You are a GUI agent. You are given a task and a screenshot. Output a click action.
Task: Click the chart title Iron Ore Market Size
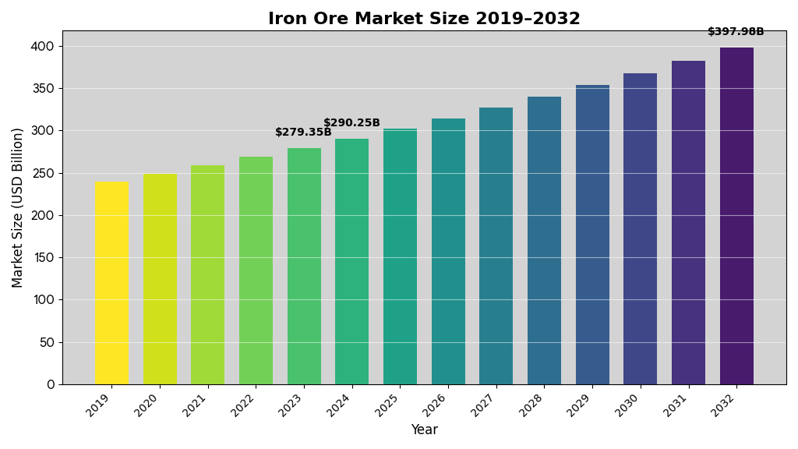(424, 19)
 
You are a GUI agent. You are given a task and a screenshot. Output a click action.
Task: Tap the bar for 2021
(207, 274)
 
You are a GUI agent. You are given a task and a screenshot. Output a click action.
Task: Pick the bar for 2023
(304, 266)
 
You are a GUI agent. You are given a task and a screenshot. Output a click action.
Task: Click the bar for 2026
(448, 251)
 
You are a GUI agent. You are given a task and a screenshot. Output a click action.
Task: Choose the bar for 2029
(592, 235)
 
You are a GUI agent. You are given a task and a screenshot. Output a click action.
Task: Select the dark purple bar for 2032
(736, 216)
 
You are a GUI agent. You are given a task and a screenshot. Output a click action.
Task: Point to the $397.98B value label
(736, 32)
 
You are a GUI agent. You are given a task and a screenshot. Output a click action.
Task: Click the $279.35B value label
(303, 133)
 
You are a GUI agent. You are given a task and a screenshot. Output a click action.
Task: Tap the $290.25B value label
(351, 123)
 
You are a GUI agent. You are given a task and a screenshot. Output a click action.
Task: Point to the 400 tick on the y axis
(43, 47)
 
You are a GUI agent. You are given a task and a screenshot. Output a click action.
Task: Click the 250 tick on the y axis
(43, 173)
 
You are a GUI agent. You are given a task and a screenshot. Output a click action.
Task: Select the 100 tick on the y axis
(43, 300)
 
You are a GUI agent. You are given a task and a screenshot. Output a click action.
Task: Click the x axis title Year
(424, 430)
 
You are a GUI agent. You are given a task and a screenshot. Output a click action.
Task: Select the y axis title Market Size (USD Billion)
(18, 207)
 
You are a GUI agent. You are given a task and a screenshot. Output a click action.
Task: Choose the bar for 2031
(688, 222)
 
